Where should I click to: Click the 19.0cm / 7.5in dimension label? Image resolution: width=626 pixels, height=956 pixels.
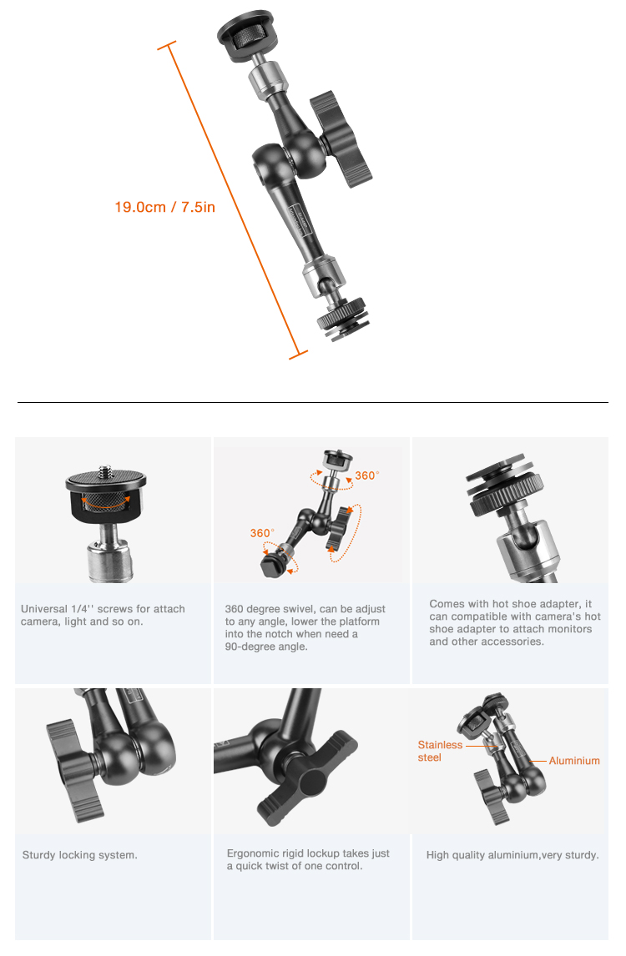pyautogui.click(x=164, y=207)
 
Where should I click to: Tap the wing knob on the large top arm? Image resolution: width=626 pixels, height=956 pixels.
pyautogui.click(x=340, y=139)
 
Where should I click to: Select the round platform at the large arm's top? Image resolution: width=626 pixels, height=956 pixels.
pyautogui.click(x=246, y=35)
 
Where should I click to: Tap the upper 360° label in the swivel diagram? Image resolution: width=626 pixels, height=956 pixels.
pyautogui.click(x=366, y=475)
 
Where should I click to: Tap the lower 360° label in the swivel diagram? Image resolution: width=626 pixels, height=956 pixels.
pyautogui.click(x=262, y=533)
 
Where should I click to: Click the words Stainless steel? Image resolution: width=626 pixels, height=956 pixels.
pyautogui.click(x=440, y=751)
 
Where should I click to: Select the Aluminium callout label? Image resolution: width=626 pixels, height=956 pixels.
pyautogui.click(x=574, y=761)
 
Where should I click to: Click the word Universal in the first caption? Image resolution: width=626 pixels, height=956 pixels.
pyautogui.click(x=44, y=609)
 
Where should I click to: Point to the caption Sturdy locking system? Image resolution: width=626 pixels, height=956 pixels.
pyautogui.click(x=80, y=855)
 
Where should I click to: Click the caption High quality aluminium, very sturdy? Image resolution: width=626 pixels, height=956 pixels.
pyautogui.click(x=512, y=855)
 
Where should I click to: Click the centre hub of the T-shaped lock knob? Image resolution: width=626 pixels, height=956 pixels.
pyautogui.click(x=310, y=782)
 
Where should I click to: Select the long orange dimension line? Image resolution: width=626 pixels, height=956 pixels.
pyautogui.click(x=233, y=200)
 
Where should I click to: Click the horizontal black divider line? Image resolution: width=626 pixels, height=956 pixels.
pyautogui.click(x=313, y=402)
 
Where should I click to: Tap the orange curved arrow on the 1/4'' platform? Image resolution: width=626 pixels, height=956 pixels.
pyautogui.click(x=107, y=502)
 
